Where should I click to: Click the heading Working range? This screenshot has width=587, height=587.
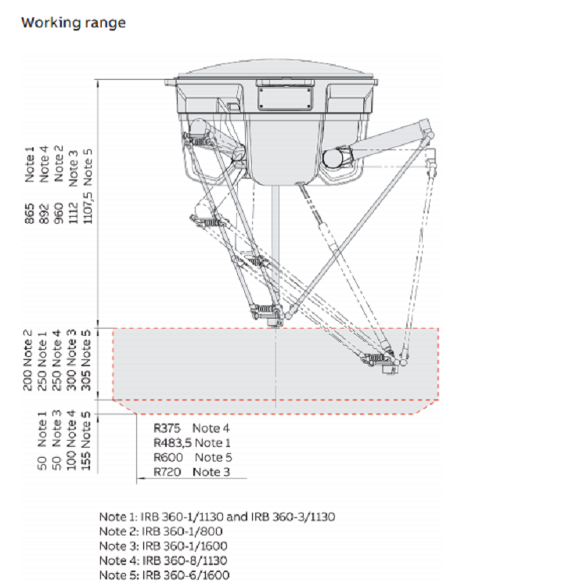[73, 22]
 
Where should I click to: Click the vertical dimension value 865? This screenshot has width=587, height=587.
[30, 217]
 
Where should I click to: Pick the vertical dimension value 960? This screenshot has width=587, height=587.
[59, 217]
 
